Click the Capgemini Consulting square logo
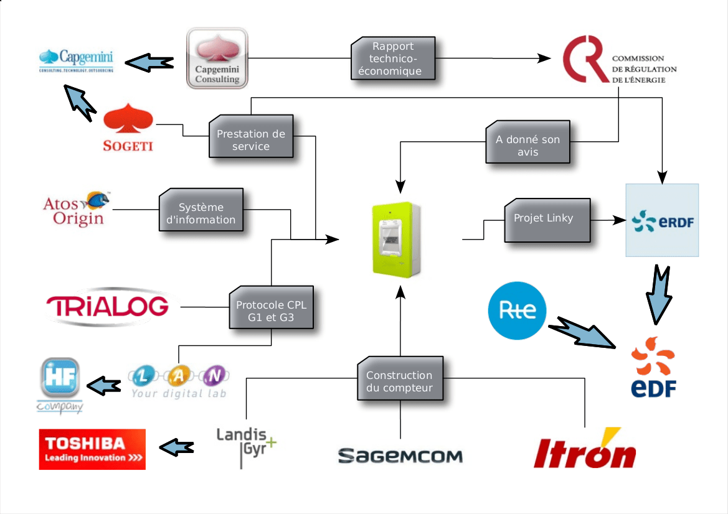point(217,58)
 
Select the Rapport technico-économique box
point(394,58)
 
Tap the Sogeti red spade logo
point(128,128)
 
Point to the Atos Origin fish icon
point(98,199)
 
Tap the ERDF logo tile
point(661,220)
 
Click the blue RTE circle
point(516,311)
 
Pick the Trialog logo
point(108,306)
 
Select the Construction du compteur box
point(399,380)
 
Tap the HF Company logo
point(60,385)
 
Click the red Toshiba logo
point(92,449)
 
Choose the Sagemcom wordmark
point(400,456)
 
